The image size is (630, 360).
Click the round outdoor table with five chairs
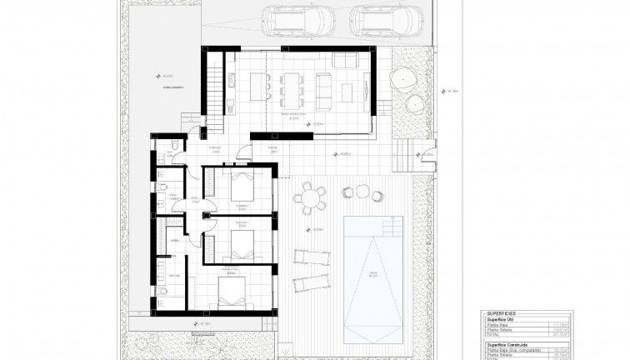click(312, 197)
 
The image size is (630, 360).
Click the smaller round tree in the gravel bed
click(414, 104)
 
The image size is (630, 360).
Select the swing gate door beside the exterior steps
click(427, 153)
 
